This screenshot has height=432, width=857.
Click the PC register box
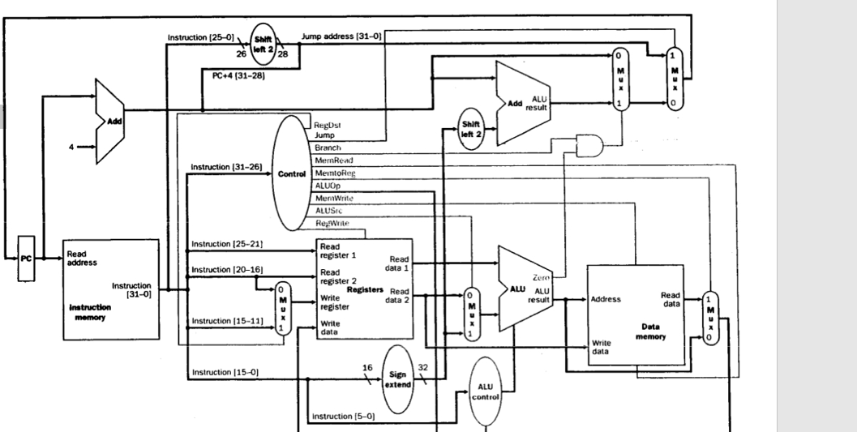(x=27, y=259)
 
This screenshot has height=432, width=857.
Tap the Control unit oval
(x=290, y=173)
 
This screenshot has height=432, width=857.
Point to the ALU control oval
(x=486, y=391)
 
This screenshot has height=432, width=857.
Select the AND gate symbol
(x=588, y=145)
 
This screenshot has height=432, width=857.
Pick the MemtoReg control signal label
(x=334, y=173)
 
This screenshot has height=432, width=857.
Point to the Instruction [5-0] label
(x=343, y=417)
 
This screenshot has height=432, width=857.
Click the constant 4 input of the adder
(x=71, y=148)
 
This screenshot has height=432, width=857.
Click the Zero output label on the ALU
(x=541, y=278)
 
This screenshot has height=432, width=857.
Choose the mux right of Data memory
(x=709, y=318)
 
